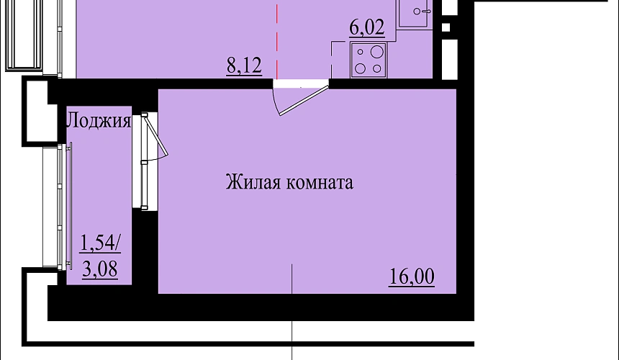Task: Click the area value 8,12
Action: click(x=244, y=66)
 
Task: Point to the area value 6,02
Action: click(x=367, y=28)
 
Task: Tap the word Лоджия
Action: click(x=99, y=120)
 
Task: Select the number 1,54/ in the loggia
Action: click(x=100, y=243)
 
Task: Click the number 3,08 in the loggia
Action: click(x=100, y=269)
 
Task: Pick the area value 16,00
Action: click(x=412, y=276)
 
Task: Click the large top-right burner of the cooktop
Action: click(x=377, y=52)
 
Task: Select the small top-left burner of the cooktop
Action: click(x=360, y=52)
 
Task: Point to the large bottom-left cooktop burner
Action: click(x=360, y=68)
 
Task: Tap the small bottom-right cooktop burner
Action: click(x=377, y=68)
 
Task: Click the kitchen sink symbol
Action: click(x=414, y=14)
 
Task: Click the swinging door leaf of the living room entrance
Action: click(x=304, y=101)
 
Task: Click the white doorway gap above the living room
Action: click(x=301, y=84)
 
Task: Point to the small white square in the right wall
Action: click(x=446, y=27)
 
